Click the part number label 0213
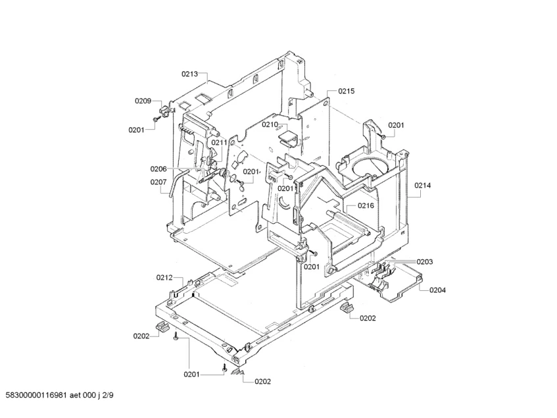(x=189, y=74)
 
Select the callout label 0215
(x=347, y=91)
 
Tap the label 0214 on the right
(x=422, y=185)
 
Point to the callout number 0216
(x=366, y=205)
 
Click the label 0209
(x=143, y=101)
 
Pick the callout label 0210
(x=270, y=124)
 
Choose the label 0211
(x=219, y=143)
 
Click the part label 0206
(x=158, y=169)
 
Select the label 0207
(x=158, y=182)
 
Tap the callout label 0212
(x=164, y=277)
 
